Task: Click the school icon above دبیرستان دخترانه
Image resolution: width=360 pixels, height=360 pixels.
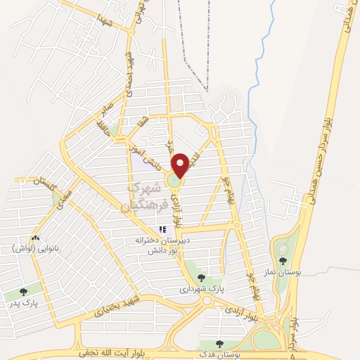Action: pyautogui.click(x=163, y=229)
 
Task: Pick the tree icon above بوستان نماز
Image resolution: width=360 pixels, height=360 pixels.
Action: pyautogui.click(x=283, y=261)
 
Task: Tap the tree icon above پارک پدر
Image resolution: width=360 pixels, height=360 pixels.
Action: pyautogui.click(x=23, y=291)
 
